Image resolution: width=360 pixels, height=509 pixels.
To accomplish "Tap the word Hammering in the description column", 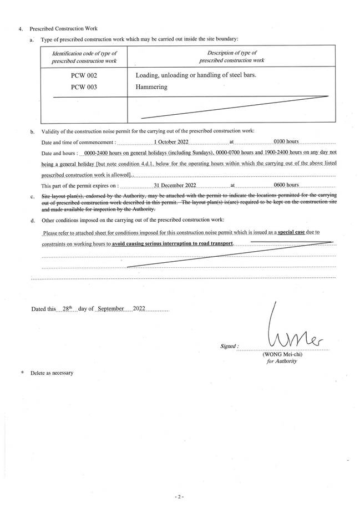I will pos(151,87).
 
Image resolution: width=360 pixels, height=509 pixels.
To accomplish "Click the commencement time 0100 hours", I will pos(290,142).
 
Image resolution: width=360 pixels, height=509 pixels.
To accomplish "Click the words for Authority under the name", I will pos(282,362).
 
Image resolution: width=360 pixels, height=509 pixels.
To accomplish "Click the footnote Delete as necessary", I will pos(52,373).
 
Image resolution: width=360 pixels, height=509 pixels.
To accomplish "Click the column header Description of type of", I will pos(231,52).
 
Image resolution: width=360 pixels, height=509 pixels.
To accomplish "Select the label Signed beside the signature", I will pos(229,347).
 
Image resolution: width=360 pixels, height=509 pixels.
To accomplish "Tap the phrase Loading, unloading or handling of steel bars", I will pos(196,76).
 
